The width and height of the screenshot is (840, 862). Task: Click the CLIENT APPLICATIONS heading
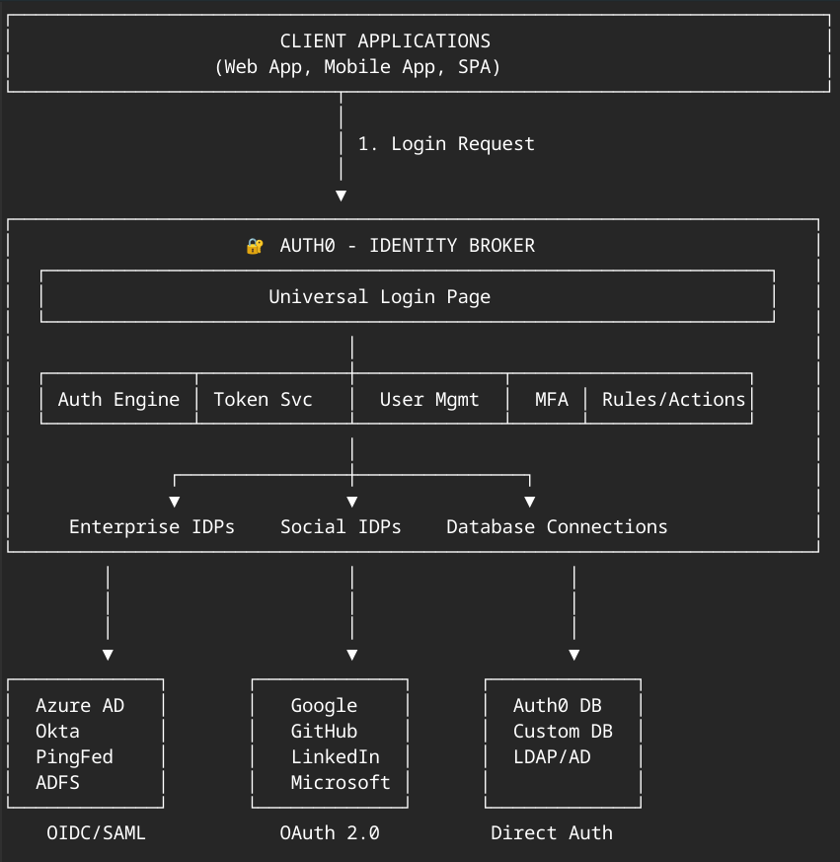point(385,41)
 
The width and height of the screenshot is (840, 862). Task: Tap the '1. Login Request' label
point(446,144)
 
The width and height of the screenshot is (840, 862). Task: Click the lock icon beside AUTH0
point(255,246)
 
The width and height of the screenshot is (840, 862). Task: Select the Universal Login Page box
point(380,297)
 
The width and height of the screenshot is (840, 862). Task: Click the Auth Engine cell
point(118,400)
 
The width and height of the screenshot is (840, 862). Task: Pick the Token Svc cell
point(263,400)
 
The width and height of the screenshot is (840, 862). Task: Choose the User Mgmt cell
point(429,400)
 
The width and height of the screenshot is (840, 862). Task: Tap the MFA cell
point(551,400)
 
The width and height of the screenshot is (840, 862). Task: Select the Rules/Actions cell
point(673,400)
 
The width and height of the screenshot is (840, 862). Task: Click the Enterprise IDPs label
point(152,527)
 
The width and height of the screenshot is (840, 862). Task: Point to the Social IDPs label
point(341,527)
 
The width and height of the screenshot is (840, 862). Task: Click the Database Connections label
point(557,527)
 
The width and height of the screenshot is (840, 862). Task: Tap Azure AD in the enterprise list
point(80,706)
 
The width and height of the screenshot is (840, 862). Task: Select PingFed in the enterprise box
point(74,757)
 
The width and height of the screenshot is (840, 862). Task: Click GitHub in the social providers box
point(324,732)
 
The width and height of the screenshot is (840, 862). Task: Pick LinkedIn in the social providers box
point(335,757)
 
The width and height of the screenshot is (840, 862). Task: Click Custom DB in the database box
point(563,732)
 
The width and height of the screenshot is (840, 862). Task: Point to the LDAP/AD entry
point(552,757)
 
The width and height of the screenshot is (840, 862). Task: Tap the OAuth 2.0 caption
point(330,833)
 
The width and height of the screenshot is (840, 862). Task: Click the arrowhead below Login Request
point(341,196)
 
